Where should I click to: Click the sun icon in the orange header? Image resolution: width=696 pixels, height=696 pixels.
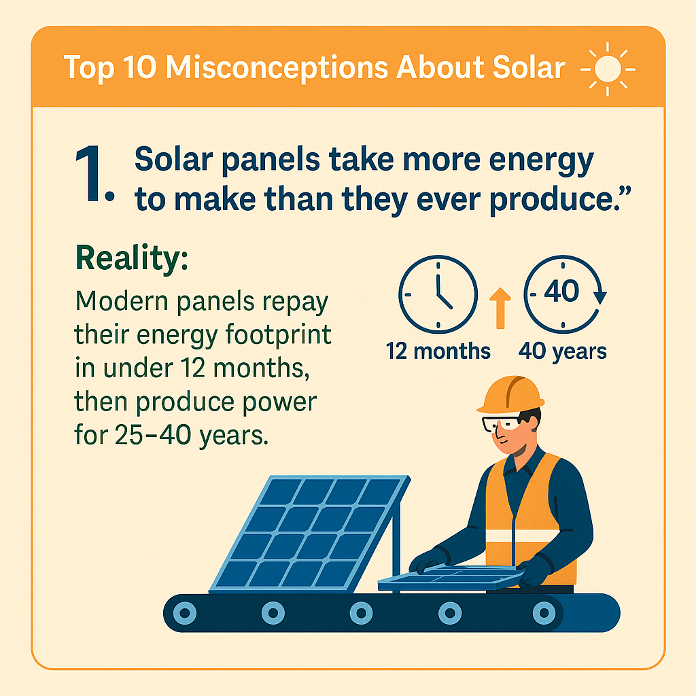(x=608, y=68)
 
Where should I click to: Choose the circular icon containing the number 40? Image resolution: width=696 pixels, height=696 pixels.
(x=561, y=294)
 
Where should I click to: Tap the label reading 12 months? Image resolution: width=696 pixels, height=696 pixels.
(x=438, y=351)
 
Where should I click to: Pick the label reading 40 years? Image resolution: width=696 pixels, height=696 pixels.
(x=563, y=351)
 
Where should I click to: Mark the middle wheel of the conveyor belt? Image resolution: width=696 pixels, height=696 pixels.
(x=361, y=612)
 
